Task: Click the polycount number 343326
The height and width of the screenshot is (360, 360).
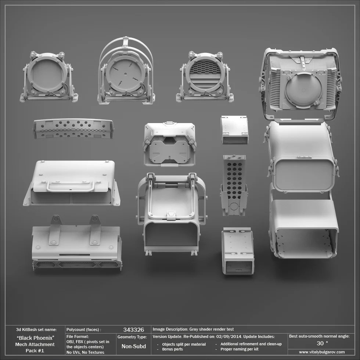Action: (133, 330)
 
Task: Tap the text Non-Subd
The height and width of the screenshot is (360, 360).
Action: (133, 346)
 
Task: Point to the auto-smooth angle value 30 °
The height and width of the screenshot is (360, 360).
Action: (322, 343)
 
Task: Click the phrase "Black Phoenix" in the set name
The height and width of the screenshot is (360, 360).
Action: (36, 338)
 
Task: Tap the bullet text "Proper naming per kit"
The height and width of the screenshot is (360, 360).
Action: (239, 349)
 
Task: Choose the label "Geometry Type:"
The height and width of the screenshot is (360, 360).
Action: (132, 337)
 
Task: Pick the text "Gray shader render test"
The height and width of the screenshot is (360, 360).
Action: (212, 329)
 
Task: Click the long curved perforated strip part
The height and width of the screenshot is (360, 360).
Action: (73, 128)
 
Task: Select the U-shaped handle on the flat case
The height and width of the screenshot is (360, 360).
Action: (70, 186)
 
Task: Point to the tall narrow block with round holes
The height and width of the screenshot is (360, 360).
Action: (234, 184)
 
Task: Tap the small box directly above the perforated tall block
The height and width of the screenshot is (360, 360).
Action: (234, 130)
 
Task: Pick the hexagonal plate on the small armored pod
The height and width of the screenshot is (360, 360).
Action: (169, 151)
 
